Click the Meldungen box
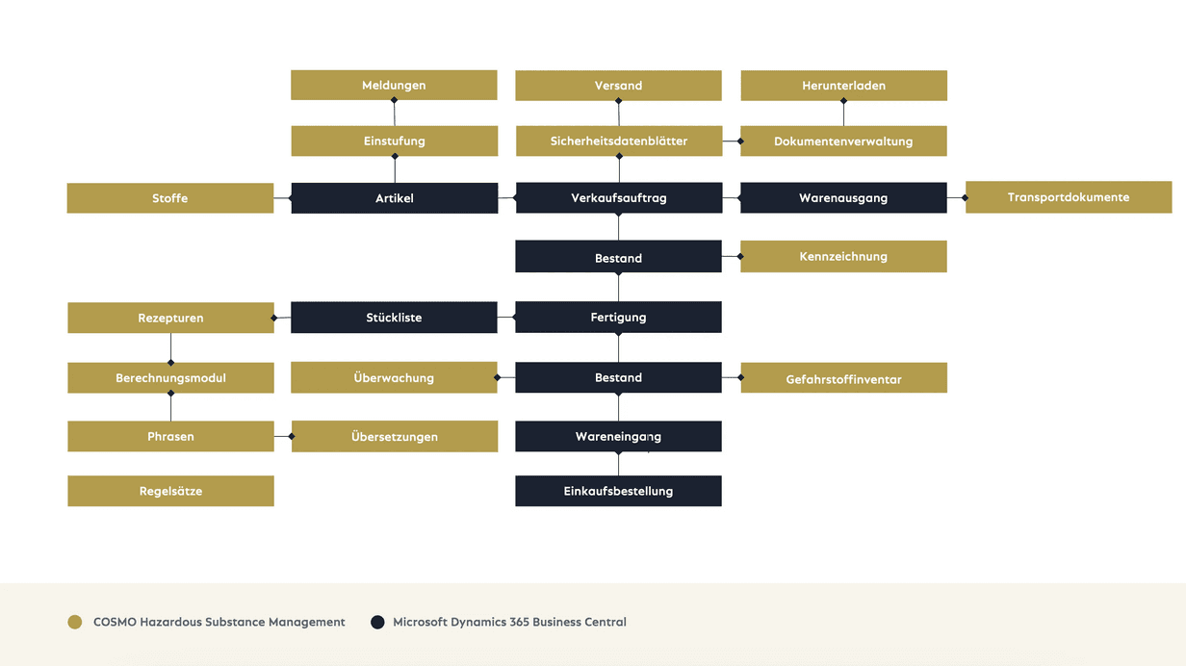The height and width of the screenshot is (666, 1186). [x=394, y=86]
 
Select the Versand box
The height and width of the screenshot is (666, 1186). [x=618, y=86]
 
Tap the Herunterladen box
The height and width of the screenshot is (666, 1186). [x=844, y=86]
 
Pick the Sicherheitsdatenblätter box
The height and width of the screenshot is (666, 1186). [x=619, y=141]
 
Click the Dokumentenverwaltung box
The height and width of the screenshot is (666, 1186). [x=843, y=141]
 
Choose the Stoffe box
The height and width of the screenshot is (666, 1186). [x=170, y=198]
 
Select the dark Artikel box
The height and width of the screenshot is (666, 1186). [x=395, y=198]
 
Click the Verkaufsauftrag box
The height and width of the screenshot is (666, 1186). [x=619, y=198]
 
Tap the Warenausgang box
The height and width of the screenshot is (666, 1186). [x=843, y=198]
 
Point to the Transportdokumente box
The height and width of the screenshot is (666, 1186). [x=1069, y=197]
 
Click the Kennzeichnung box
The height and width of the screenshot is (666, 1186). [x=843, y=257]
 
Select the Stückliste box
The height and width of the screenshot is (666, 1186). [x=394, y=318]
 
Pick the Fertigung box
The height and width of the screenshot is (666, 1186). [x=618, y=317]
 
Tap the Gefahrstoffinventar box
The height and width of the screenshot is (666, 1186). [x=844, y=378]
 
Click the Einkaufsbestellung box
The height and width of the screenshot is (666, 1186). [x=618, y=491]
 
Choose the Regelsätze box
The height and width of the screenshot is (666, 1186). [x=170, y=491]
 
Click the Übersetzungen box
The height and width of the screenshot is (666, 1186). [x=395, y=436]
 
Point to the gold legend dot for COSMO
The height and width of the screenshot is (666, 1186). [x=75, y=622]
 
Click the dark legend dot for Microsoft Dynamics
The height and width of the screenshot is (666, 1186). [x=377, y=622]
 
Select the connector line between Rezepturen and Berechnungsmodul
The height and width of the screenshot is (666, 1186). [x=170, y=347]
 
